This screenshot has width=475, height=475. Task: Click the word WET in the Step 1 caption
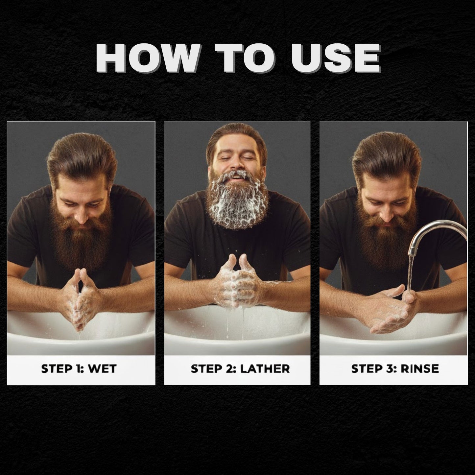(103, 368)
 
